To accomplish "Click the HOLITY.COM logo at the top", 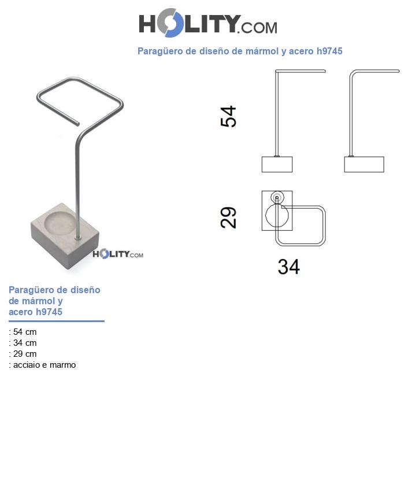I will point(207,24).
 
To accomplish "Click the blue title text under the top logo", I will point(239,51).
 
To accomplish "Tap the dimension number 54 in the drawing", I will point(229,116).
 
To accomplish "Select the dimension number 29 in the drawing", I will point(229,217).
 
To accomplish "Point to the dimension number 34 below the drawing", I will point(288,267).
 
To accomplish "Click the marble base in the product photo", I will point(64,246).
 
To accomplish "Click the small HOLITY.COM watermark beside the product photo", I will point(118,254).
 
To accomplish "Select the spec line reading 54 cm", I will point(23,332).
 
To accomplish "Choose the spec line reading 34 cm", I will point(23,343).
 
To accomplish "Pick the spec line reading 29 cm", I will point(23,354).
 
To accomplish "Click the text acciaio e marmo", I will point(44,365).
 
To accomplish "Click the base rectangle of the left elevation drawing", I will point(277,164).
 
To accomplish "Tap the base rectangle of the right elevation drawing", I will point(364,164).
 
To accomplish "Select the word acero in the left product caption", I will point(21,312).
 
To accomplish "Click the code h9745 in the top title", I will point(329,51).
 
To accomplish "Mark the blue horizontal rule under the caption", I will point(56,321).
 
